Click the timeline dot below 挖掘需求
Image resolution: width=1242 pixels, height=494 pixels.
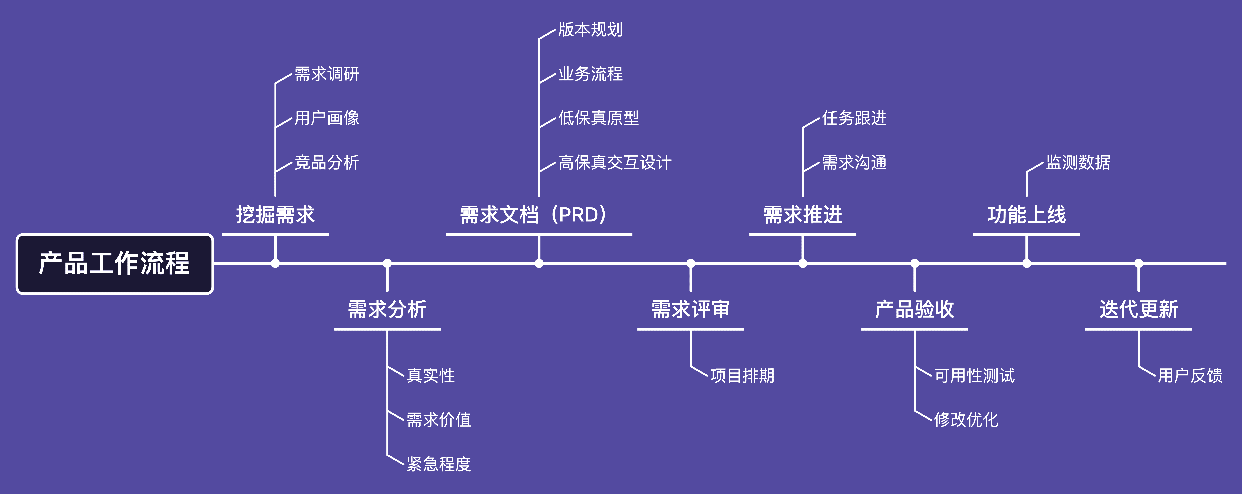(x=275, y=263)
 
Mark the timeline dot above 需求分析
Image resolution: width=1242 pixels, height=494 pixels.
(x=387, y=263)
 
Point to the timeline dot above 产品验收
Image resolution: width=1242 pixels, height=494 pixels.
(x=915, y=263)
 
